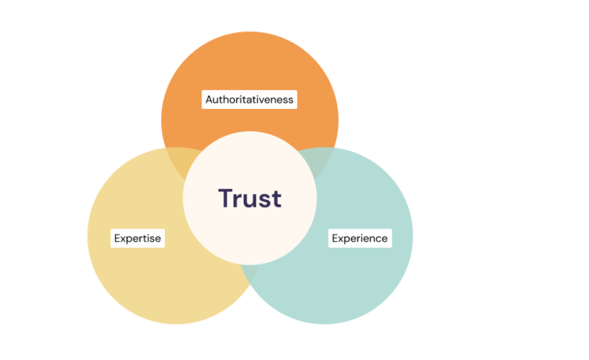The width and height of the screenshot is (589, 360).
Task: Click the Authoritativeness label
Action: point(249,99)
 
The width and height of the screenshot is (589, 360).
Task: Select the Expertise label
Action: point(138,238)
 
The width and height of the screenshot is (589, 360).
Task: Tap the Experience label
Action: point(360,238)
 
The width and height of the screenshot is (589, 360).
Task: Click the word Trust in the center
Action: point(250,198)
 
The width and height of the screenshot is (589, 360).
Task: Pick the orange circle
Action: point(250,67)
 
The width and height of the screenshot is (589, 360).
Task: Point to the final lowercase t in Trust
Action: point(276,199)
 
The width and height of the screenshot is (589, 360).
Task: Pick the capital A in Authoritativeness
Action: point(209,99)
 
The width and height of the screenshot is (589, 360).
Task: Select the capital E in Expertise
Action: point(117,238)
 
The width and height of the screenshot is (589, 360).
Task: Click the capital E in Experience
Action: point(335,238)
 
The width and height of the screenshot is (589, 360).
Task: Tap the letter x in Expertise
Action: point(123,240)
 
